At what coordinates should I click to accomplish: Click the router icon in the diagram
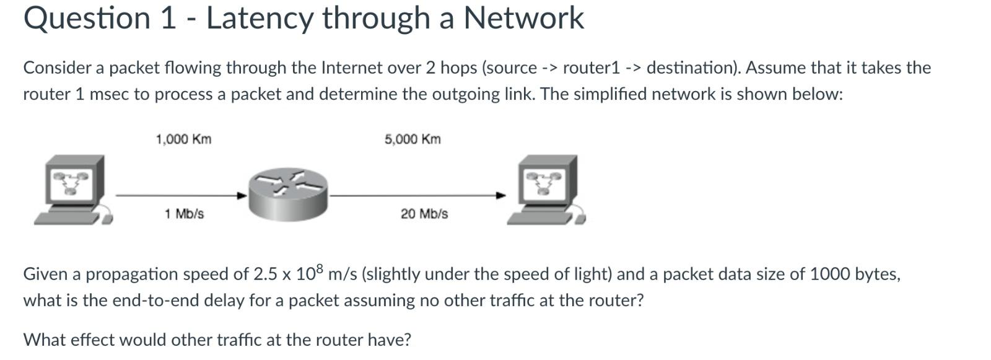[287, 193]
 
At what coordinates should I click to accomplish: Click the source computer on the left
[72, 189]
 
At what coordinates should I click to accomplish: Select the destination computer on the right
[546, 189]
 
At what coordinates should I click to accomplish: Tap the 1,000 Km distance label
[183, 139]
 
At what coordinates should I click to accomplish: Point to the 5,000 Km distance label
[413, 139]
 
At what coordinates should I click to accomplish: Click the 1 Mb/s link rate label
[184, 214]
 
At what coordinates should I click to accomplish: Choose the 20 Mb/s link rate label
[424, 214]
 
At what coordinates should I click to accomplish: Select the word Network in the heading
[523, 18]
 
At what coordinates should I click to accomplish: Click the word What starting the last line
[44, 340]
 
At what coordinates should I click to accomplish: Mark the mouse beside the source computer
[108, 218]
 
